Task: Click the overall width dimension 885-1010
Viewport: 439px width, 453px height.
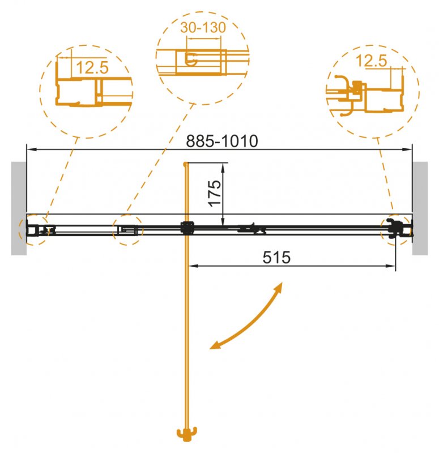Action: tap(222, 142)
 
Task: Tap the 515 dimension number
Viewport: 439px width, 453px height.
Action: tap(276, 258)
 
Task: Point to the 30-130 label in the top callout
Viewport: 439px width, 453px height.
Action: tap(203, 27)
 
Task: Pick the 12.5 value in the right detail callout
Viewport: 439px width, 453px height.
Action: tap(372, 61)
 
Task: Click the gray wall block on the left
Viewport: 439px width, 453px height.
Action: tap(18, 208)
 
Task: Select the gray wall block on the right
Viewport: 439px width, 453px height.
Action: tap(420, 208)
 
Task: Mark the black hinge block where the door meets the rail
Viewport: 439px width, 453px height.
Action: tap(186, 228)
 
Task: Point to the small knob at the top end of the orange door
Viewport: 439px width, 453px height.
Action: tap(185, 164)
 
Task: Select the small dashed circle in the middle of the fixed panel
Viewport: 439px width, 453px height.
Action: tap(127, 230)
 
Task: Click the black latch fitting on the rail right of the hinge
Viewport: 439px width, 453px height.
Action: tap(252, 229)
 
